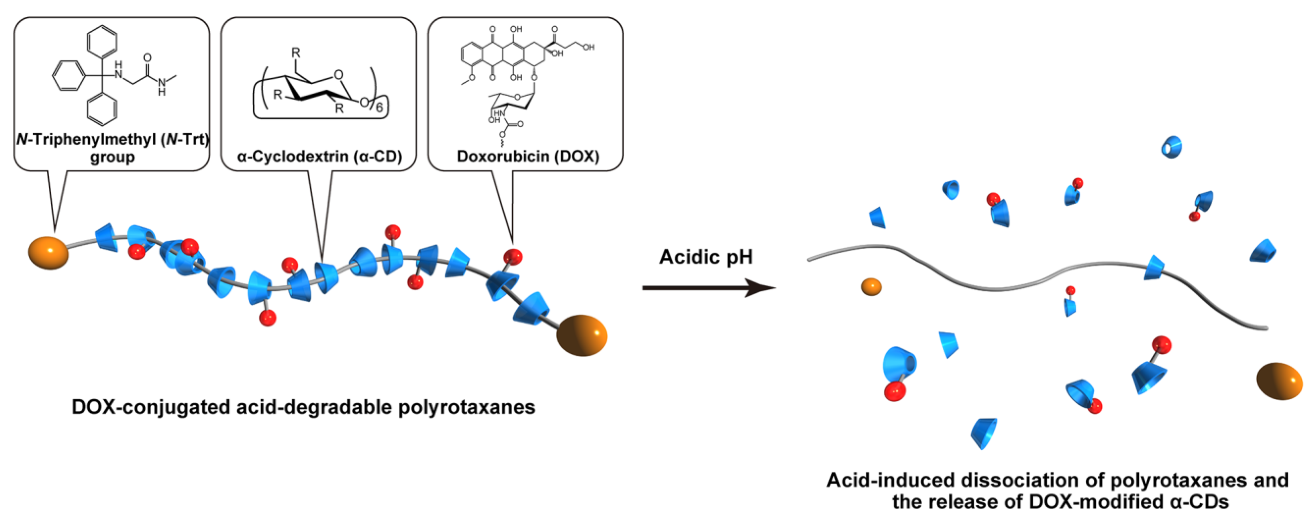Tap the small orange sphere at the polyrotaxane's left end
48,252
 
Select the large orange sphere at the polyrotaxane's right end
582,335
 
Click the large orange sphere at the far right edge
1278,381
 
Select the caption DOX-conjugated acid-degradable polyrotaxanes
303,407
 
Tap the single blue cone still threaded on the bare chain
1154,268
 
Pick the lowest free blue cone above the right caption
984,432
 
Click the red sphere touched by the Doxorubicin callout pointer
513,256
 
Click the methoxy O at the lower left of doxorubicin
472,78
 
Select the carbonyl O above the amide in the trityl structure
147,57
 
